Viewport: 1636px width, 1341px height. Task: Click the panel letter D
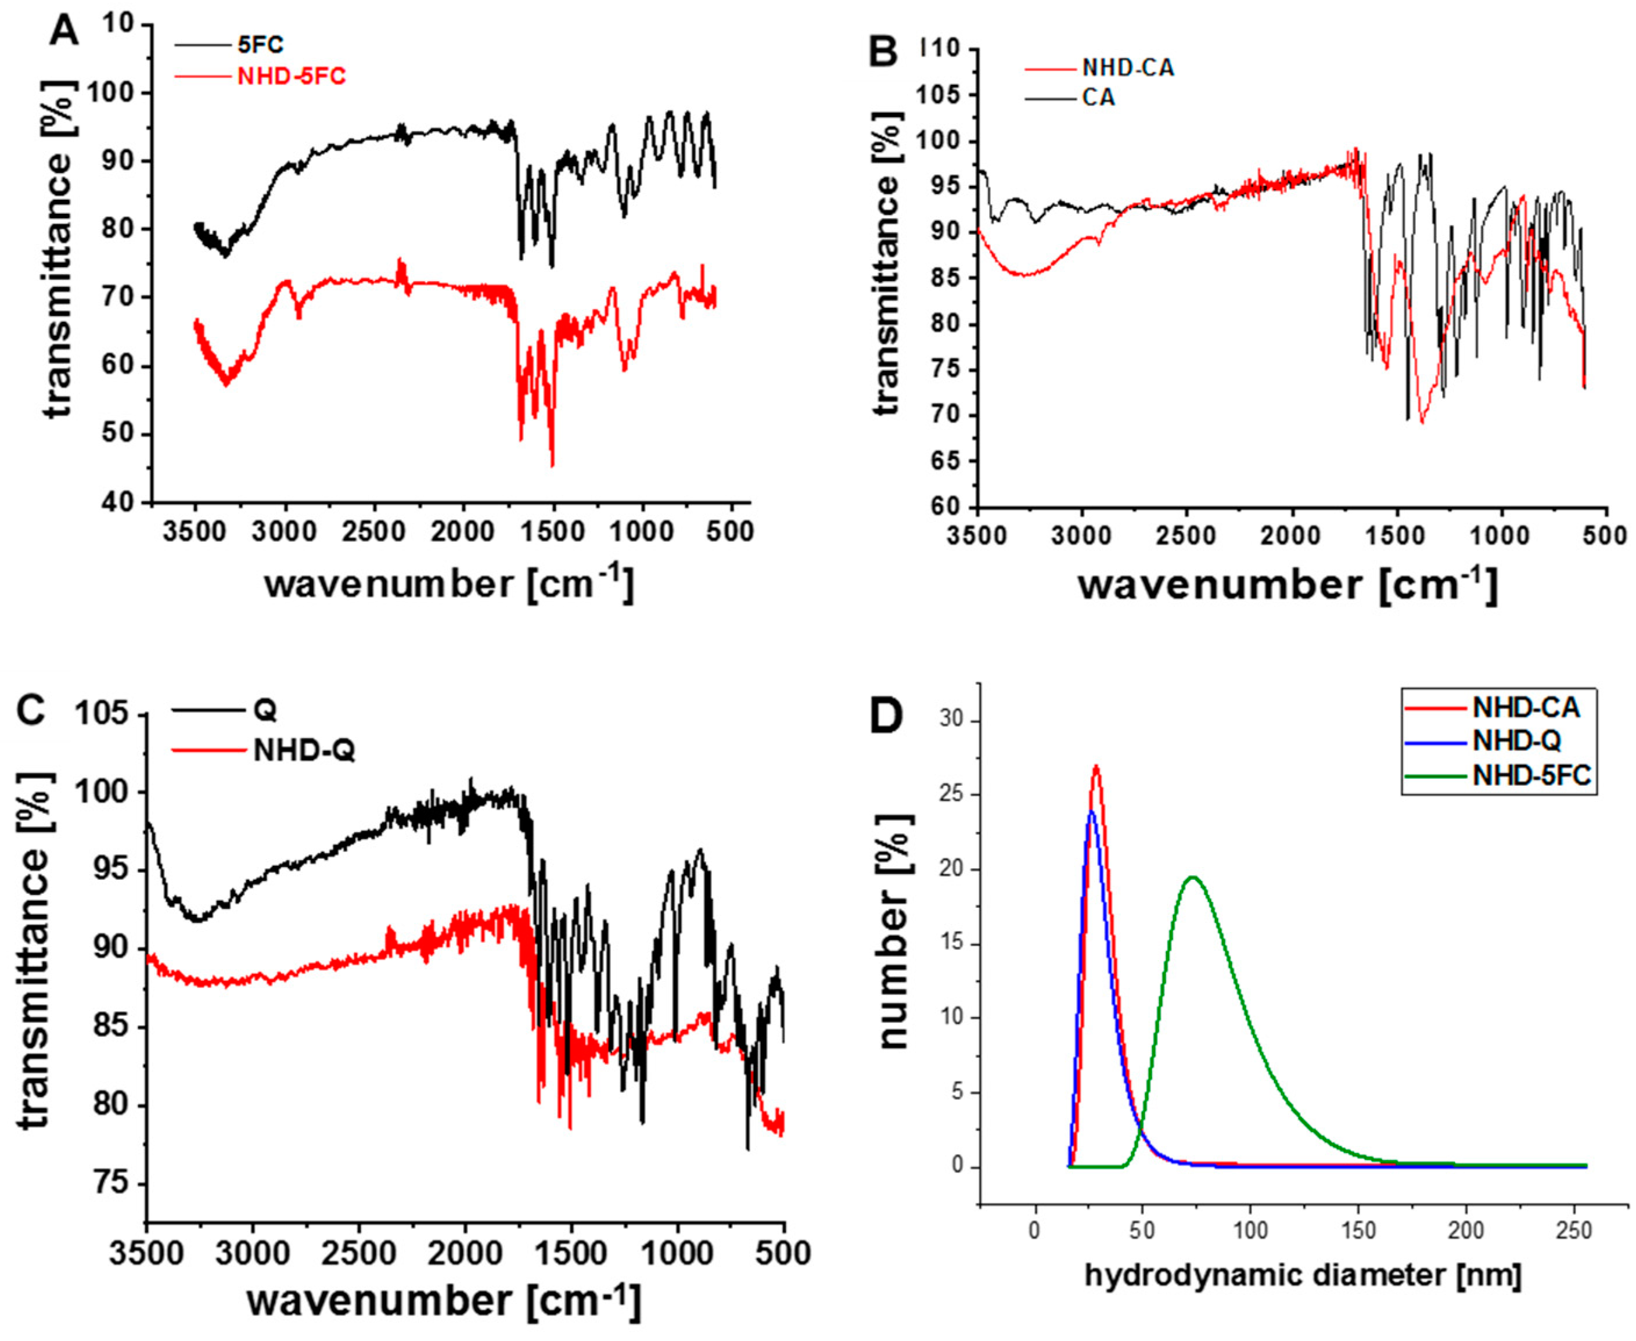pos(886,716)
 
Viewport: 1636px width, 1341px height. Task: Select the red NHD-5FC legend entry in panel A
pos(291,77)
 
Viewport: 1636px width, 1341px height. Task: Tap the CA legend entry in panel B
pos(1098,99)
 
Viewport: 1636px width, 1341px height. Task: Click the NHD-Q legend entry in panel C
pos(304,750)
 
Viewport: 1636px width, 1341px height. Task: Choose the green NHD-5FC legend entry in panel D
pos(1531,775)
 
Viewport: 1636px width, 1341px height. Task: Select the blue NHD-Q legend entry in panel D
pos(1516,741)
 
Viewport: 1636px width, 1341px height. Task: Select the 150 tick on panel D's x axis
pos(1358,1231)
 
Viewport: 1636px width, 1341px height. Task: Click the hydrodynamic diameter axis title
pos(1302,1275)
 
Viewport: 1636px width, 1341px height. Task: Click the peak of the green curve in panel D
pos(1193,877)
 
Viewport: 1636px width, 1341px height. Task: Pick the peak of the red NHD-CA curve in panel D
pos(1095,766)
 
